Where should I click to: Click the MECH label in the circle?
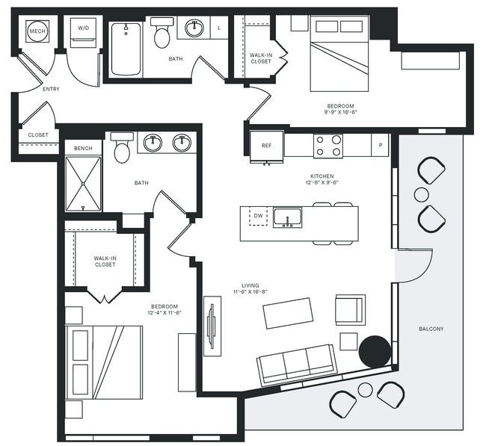click(x=37, y=32)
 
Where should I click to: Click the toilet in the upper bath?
click(x=162, y=34)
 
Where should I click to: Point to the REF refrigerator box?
click(x=266, y=146)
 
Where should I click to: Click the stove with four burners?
click(x=327, y=146)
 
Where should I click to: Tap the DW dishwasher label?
click(x=259, y=216)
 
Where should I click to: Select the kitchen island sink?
click(x=288, y=217)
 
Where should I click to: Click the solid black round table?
click(x=375, y=351)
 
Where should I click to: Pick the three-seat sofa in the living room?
click(x=297, y=364)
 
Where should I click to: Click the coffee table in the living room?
click(x=288, y=313)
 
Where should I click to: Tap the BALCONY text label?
click(x=431, y=329)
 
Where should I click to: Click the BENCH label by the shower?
click(x=83, y=148)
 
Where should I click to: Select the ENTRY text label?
click(x=52, y=89)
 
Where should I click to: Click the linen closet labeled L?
click(x=219, y=28)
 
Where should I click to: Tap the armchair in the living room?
click(x=350, y=309)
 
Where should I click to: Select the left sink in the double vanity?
click(x=153, y=142)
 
